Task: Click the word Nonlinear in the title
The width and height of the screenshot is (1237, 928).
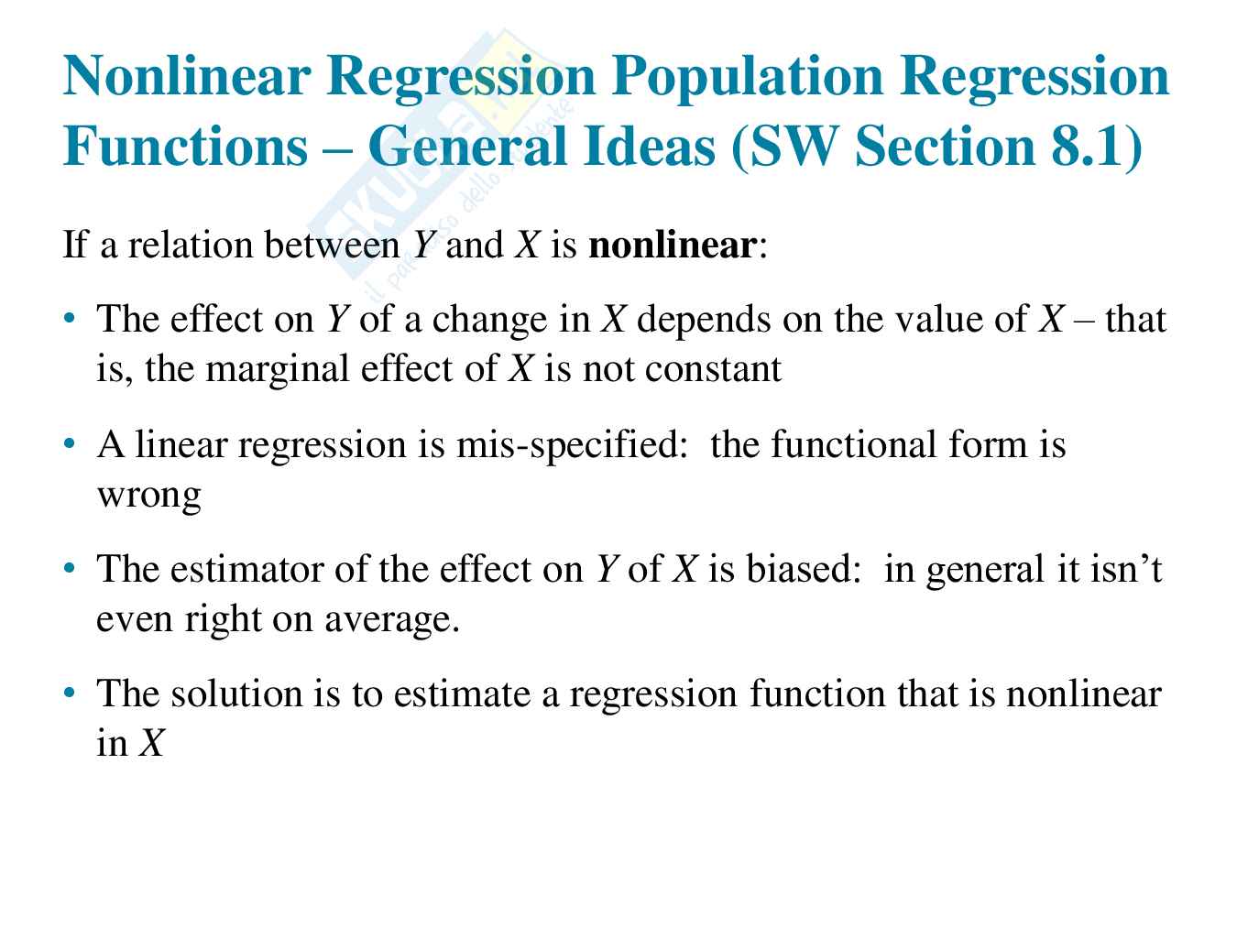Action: coord(187,76)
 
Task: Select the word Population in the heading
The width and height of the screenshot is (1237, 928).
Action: coord(748,78)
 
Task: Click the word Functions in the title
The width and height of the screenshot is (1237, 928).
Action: coord(185,146)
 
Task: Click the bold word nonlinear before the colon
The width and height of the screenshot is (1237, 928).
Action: coord(673,246)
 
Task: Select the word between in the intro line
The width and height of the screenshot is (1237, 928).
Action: coord(332,246)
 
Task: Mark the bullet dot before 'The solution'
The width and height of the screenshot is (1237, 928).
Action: coord(70,693)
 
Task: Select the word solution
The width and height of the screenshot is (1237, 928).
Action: coord(236,693)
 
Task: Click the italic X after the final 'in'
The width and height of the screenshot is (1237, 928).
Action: coord(151,743)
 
